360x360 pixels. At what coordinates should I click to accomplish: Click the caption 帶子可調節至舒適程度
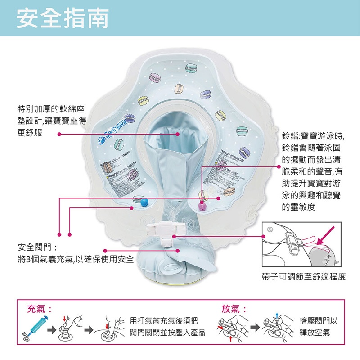[x=304, y=276]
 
